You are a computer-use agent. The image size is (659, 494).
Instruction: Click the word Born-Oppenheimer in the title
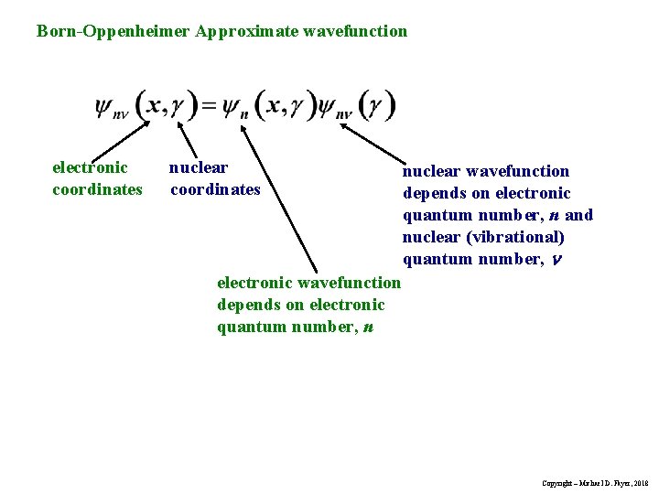tap(113, 31)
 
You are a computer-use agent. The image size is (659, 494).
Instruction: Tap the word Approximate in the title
tap(240, 31)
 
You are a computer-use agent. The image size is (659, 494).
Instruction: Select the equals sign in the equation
tap(209, 106)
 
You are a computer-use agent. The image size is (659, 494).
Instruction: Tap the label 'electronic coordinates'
tap(97, 178)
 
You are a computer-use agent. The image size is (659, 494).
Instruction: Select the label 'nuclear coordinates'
tap(214, 178)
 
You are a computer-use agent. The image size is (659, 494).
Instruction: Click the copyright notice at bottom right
tap(594, 482)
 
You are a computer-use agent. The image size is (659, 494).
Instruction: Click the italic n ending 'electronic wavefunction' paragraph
tap(367, 327)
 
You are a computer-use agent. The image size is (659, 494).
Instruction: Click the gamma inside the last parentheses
tap(376, 106)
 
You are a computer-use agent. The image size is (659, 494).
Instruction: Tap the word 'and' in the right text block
tap(578, 215)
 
